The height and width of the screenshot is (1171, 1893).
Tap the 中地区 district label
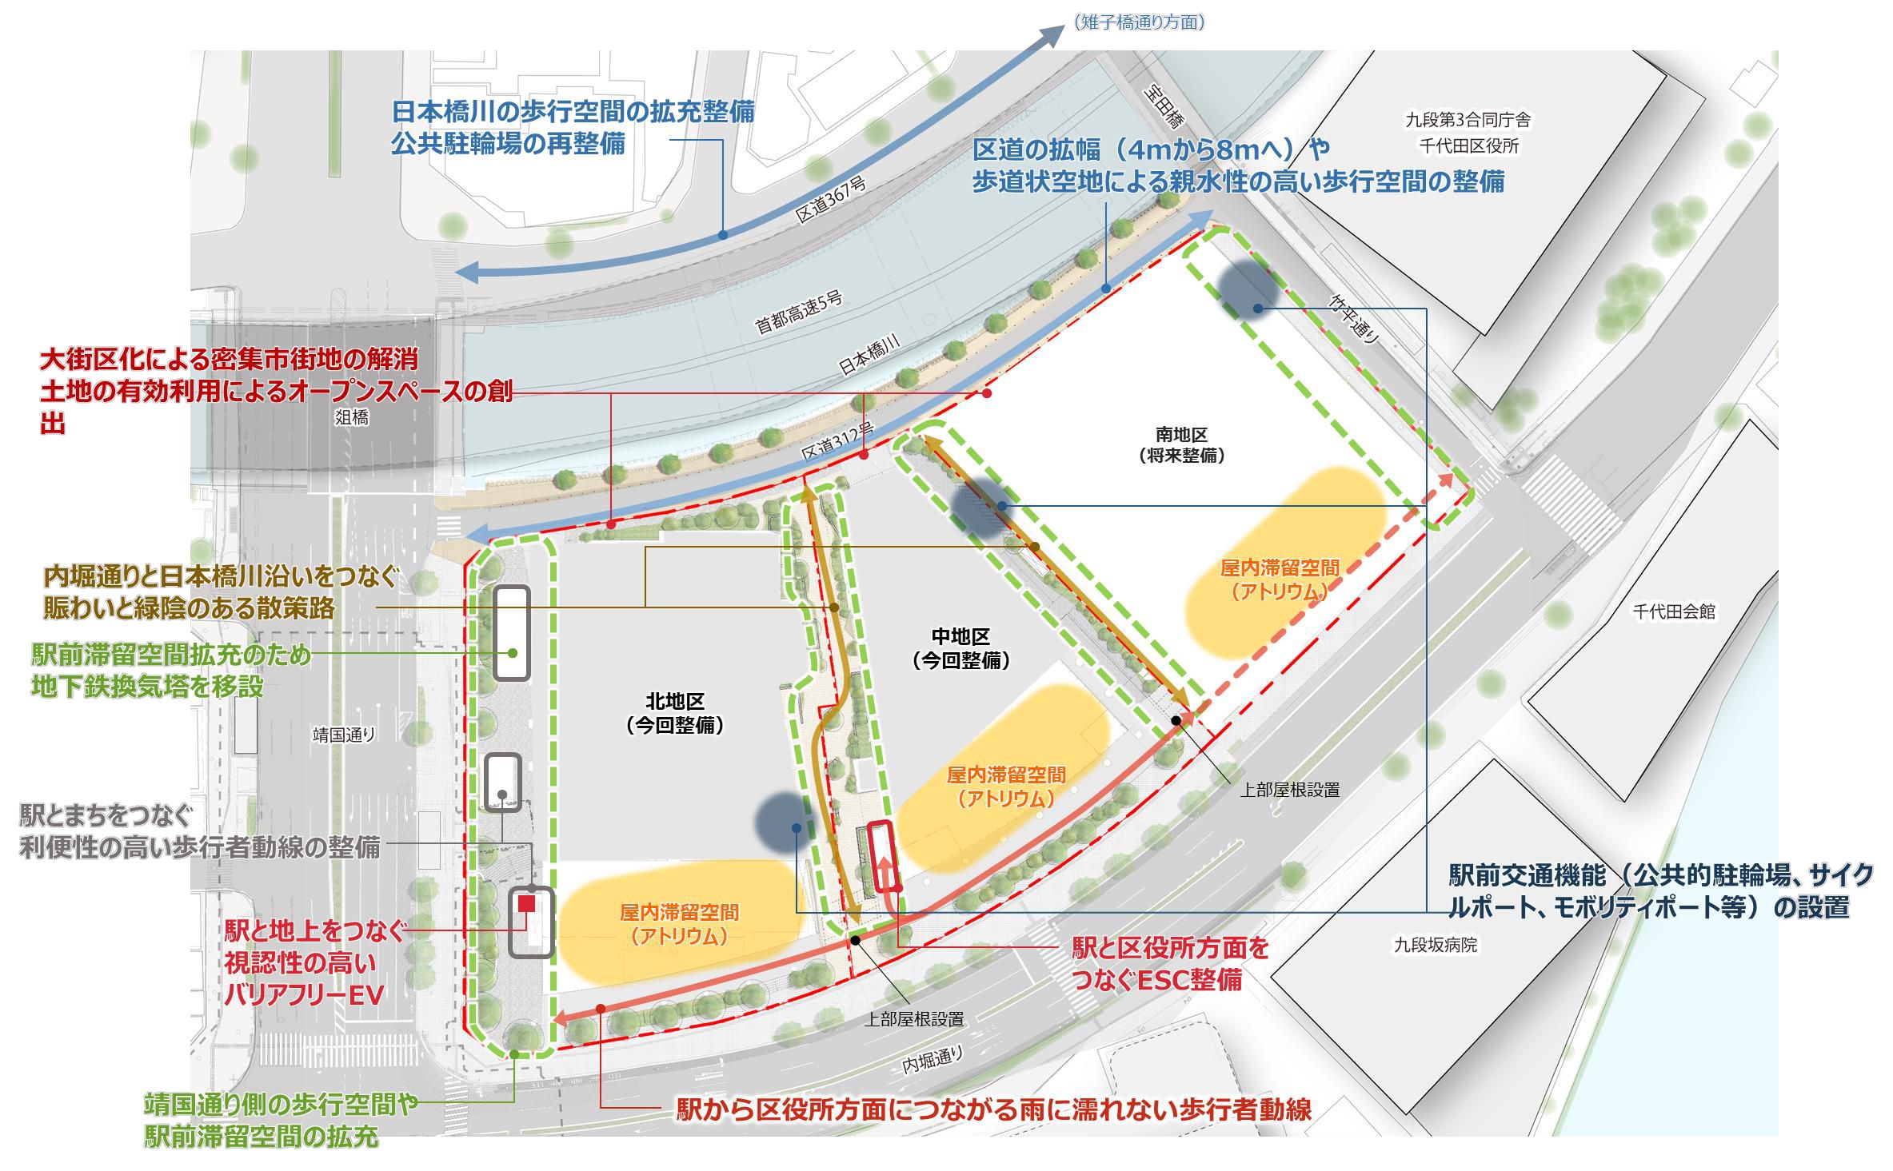click(960, 637)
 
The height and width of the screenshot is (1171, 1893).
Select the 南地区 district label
click(1181, 436)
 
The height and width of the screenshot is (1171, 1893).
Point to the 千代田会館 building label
click(1674, 612)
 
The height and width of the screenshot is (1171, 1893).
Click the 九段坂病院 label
click(1436, 945)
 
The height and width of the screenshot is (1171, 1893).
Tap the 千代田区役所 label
click(1480, 146)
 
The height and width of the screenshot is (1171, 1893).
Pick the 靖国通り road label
click(344, 735)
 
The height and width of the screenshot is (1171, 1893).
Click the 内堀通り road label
click(933, 1060)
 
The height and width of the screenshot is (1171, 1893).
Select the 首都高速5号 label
click(799, 313)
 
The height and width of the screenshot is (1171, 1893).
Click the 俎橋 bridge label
click(351, 417)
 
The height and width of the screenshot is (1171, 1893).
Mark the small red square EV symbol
click(526, 902)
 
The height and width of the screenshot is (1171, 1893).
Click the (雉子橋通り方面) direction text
click(1139, 22)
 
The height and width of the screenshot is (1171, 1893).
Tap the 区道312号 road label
click(837, 444)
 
